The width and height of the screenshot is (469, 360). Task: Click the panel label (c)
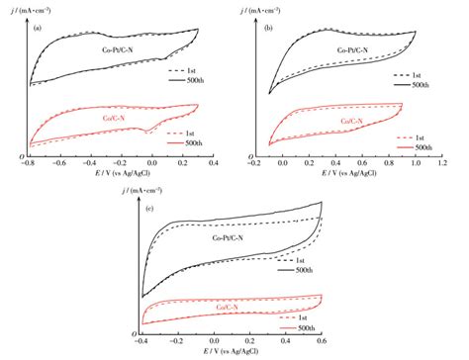point(148,211)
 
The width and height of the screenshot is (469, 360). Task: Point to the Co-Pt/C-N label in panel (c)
point(232,236)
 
